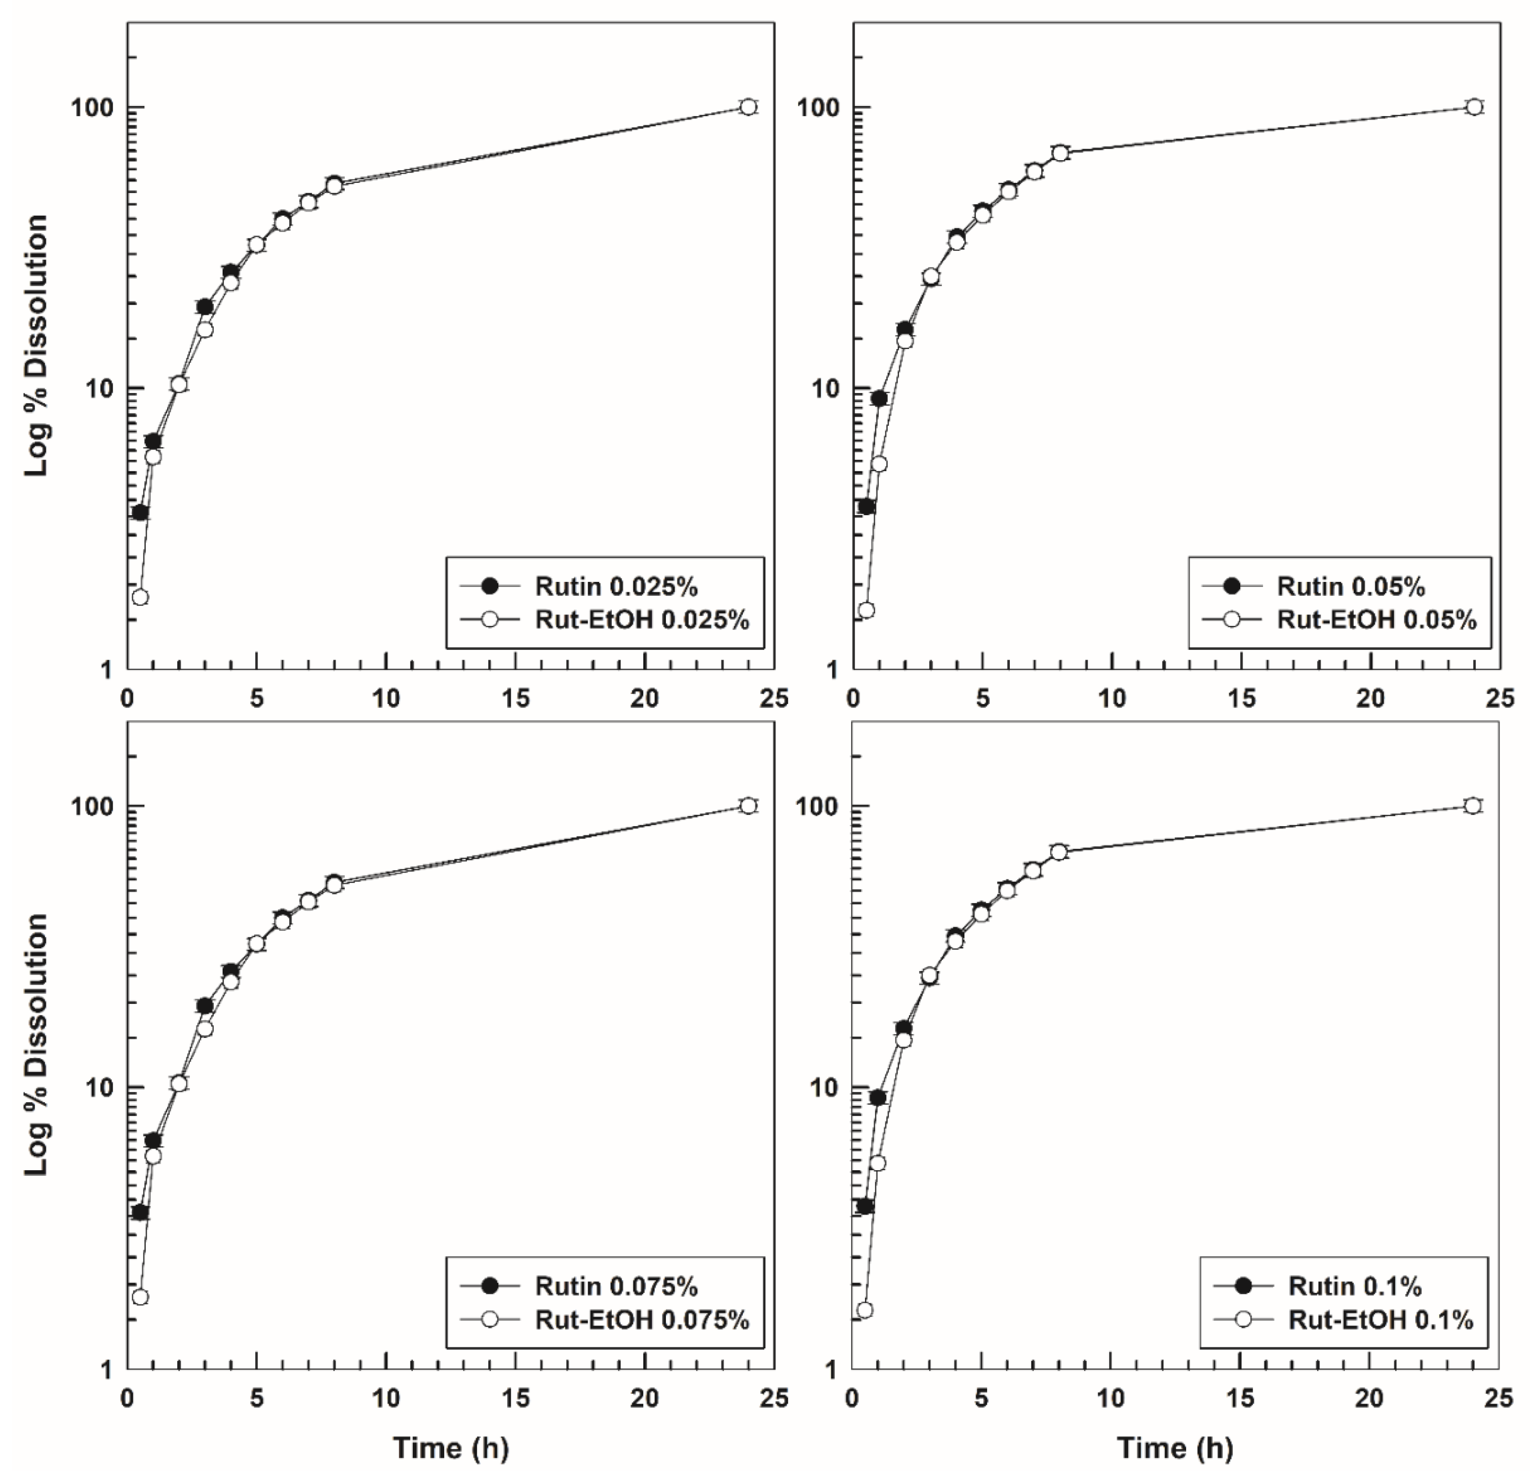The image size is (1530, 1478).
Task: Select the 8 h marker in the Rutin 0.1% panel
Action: [1058, 851]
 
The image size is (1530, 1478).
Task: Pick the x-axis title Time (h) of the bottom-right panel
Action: [1175, 1447]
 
